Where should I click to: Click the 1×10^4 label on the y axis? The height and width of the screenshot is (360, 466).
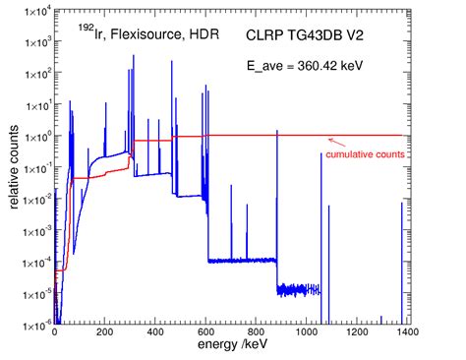[34, 11]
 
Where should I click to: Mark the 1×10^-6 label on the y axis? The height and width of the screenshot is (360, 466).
[34, 322]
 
